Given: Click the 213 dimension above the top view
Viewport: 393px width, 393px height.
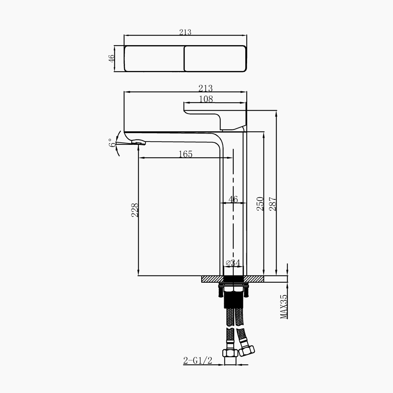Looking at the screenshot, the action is click(x=185, y=32).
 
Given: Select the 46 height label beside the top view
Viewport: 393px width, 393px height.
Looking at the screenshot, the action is click(x=111, y=58).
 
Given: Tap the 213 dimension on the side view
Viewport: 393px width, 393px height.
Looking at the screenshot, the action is click(x=206, y=88).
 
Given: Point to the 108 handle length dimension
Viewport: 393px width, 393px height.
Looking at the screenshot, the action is click(x=206, y=99).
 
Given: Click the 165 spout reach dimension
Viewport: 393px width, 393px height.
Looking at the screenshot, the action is click(x=186, y=154).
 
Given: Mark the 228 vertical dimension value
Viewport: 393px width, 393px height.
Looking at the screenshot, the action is click(x=135, y=210).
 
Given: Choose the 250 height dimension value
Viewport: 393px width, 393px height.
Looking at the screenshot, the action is click(x=261, y=204).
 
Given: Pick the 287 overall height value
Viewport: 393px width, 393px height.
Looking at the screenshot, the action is click(x=273, y=204).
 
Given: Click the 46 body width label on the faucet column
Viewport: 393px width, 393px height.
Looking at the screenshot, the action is click(x=233, y=199).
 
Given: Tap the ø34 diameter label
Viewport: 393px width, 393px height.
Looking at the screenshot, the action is click(x=233, y=263).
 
